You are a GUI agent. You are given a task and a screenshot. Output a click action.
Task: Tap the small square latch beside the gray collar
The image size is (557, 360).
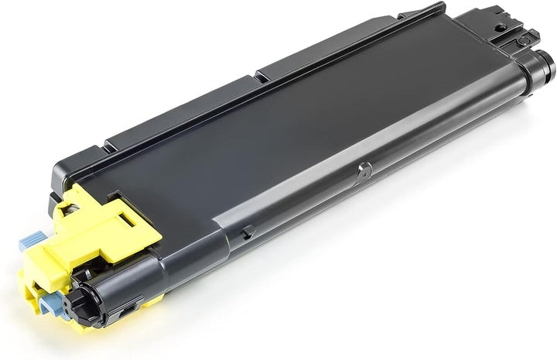tap(246, 230)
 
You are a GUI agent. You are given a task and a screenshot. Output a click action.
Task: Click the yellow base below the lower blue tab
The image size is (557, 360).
tap(62, 325)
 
